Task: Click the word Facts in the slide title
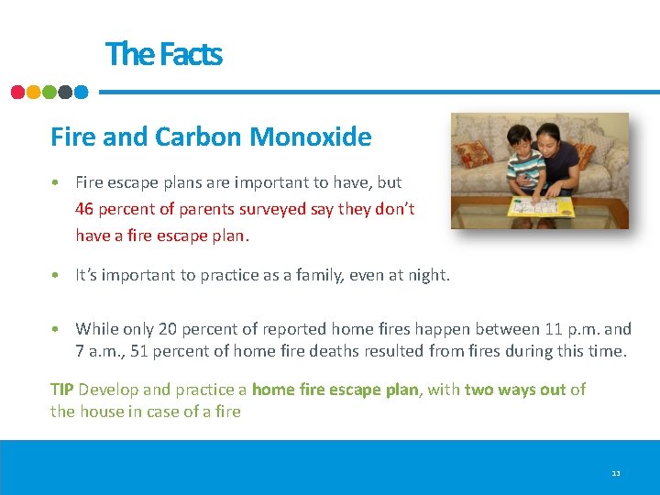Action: click(x=191, y=54)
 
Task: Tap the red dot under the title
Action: click(x=18, y=92)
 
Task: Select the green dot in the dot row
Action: click(x=49, y=92)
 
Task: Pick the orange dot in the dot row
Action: click(x=34, y=92)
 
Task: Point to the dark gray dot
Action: click(x=65, y=92)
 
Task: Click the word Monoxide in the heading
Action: click(x=311, y=137)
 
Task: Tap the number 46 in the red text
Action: click(x=84, y=209)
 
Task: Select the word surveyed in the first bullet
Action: click(x=269, y=209)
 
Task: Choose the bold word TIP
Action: click(x=62, y=390)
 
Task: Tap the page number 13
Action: click(x=616, y=473)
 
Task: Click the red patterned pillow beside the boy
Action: click(x=475, y=153)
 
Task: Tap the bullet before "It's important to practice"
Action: click(x=56, y=275)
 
